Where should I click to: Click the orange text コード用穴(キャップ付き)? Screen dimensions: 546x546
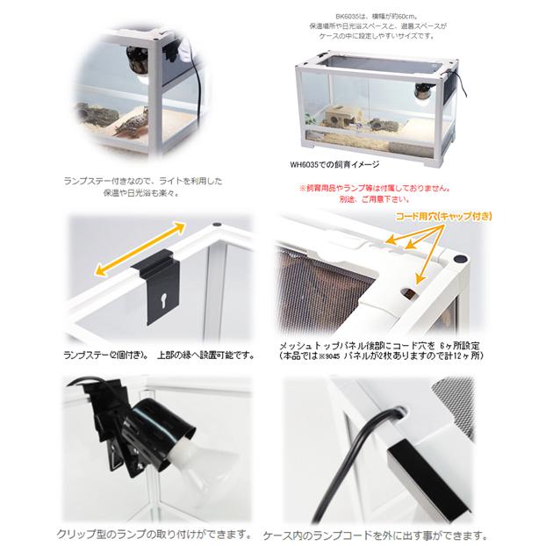pyautogui.click(x=447, y=215)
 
